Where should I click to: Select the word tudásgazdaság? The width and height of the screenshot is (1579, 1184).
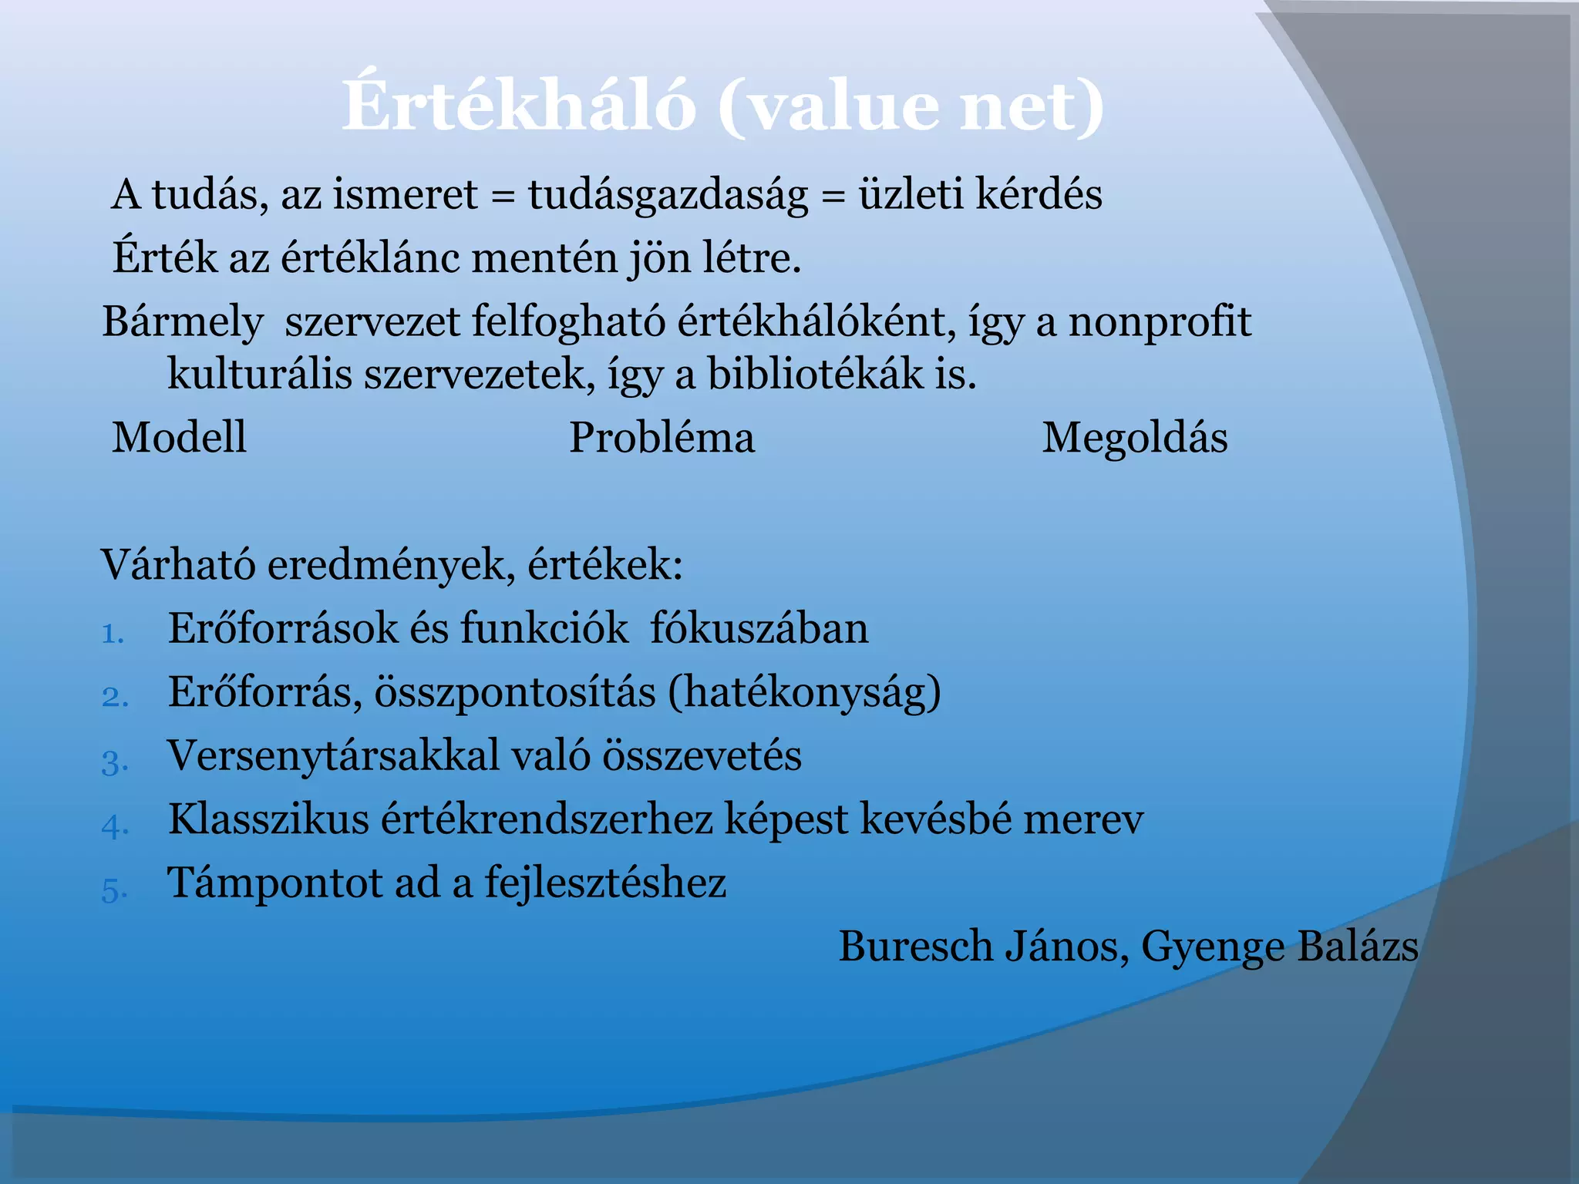coord(668,194)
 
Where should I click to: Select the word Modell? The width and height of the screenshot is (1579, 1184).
coord(179,438)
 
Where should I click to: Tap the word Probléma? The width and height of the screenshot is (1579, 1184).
coord(662,438)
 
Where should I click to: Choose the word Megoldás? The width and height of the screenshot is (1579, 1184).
coord(1134,438)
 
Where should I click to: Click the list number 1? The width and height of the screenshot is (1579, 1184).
coord(112,634)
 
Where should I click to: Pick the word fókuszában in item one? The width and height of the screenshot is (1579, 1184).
coord(759,629)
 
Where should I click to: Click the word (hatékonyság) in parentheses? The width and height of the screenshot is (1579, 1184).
coord(804,692)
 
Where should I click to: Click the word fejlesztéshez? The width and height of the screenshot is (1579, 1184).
coord(605,883)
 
